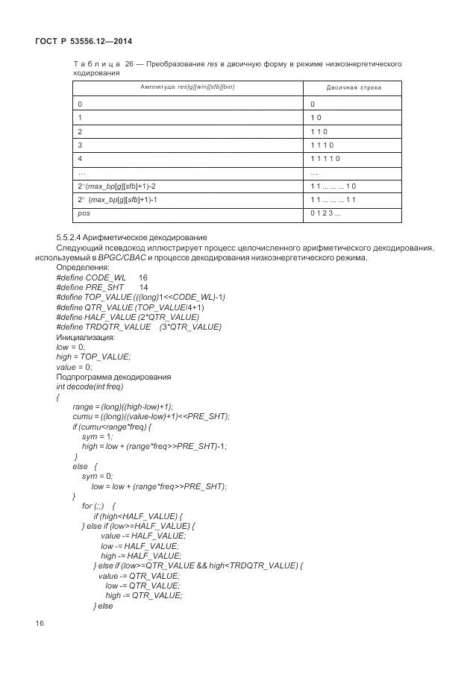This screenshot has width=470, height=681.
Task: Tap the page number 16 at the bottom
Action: coord(40,623)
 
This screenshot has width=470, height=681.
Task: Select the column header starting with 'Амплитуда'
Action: coord(187,88)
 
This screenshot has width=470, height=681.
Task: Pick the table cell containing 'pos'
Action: coord(84,213)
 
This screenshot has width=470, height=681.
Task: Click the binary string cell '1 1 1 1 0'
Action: coord(325,159)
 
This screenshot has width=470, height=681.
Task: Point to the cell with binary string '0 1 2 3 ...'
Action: coord(325,213)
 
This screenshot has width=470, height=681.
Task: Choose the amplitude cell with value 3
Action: coord(81,145)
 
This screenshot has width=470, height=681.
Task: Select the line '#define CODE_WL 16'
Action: coord(101,277)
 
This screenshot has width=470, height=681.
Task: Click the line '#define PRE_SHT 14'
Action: coord(101,286)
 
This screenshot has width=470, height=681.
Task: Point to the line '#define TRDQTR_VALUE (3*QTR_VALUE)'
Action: coord(138,327)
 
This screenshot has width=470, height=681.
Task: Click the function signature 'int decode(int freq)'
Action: coord(90,386)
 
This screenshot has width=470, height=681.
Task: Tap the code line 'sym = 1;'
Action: coord(97,436)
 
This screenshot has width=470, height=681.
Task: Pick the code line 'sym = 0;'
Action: coord(97,476)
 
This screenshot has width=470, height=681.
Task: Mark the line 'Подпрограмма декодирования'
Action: coord(113,377)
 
